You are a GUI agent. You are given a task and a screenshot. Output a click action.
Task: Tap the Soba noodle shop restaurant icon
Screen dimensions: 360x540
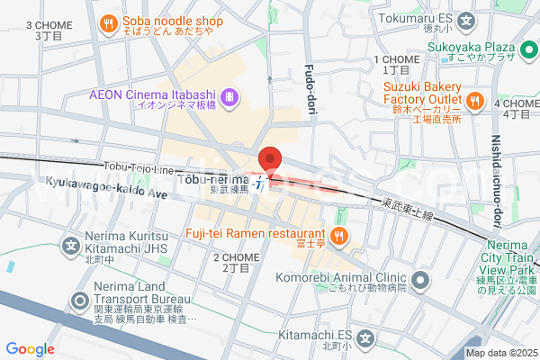[108, 22]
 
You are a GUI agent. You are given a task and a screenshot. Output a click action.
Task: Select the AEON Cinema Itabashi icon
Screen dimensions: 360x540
[230, 94]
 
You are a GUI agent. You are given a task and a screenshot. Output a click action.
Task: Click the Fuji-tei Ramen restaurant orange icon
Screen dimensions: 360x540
[339, 237]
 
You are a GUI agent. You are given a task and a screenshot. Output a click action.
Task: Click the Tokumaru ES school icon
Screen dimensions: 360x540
[466, 20]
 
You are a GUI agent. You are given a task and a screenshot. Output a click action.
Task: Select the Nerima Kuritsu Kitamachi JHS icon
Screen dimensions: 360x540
[70, 244]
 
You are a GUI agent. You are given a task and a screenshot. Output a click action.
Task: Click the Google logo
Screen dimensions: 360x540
[30, 349]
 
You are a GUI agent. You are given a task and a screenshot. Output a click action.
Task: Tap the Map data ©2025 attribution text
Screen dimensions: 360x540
[501, 353]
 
